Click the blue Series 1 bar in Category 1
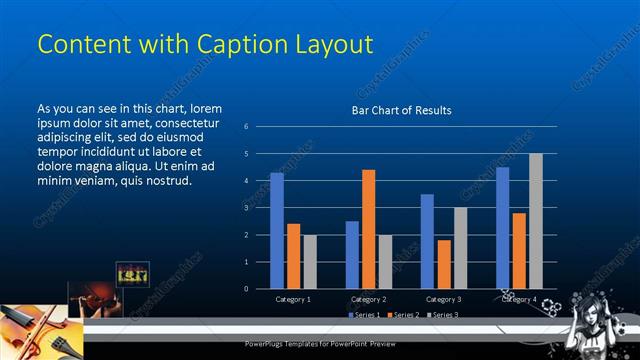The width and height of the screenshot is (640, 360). point(277,230)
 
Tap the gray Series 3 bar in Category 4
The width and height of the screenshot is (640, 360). point(535,221)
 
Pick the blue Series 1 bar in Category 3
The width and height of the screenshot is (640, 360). point(427,241)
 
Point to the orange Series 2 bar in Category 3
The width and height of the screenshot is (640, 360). point(443,264)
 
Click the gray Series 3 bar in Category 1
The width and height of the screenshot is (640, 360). point(309,261)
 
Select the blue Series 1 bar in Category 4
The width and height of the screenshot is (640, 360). point(502,227)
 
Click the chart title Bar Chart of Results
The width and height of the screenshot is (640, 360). point(401,110)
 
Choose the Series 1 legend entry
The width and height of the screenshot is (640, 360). point(365,315)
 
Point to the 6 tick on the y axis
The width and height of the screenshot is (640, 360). point(246,127)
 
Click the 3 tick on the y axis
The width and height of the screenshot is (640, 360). point(246,208)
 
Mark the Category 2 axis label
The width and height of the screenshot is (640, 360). point(368,299)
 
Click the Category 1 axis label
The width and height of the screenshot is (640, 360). point(293,299)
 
